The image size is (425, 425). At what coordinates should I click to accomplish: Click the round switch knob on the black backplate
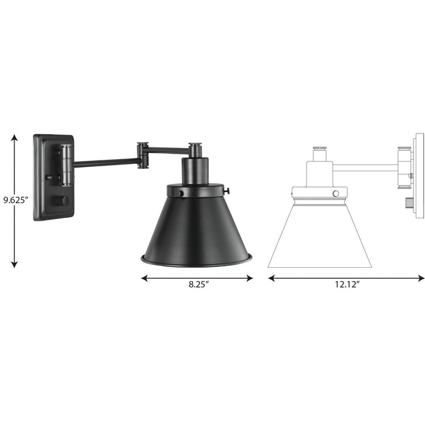click(61, 200)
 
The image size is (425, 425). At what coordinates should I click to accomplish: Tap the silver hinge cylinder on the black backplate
click(65, 165)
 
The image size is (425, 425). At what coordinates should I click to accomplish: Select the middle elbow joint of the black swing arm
click(143, 155)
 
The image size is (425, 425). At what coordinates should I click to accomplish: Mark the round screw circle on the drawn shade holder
click(335, 193)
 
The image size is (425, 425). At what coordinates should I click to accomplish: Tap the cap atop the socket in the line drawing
click(319, 149)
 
